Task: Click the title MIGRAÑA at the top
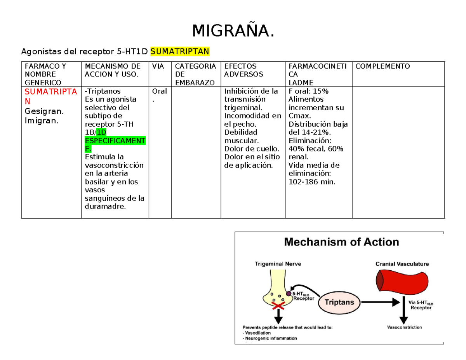(x=233, y=31)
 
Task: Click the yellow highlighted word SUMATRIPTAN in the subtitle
(x=180, y=51)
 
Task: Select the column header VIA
(x=158, y=66)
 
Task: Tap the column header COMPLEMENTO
(x=383, y=66)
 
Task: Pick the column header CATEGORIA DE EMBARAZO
(x=195, y=74)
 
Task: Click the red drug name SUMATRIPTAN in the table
(x=51, y=96)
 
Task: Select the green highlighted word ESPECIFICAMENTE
(x=115, y=140)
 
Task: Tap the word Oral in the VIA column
(x=160, y=91)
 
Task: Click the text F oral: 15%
(x=309, y=91)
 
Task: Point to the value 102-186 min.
(x=311, y=182)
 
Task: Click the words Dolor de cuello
(x=252, y=148)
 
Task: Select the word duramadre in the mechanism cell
(x=105, y=207)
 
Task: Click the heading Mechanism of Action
(x=342, y=242)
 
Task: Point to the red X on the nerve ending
(x=278, y=307)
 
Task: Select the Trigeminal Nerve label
(x=278, y=264)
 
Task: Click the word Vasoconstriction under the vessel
(x=404, y=327)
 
